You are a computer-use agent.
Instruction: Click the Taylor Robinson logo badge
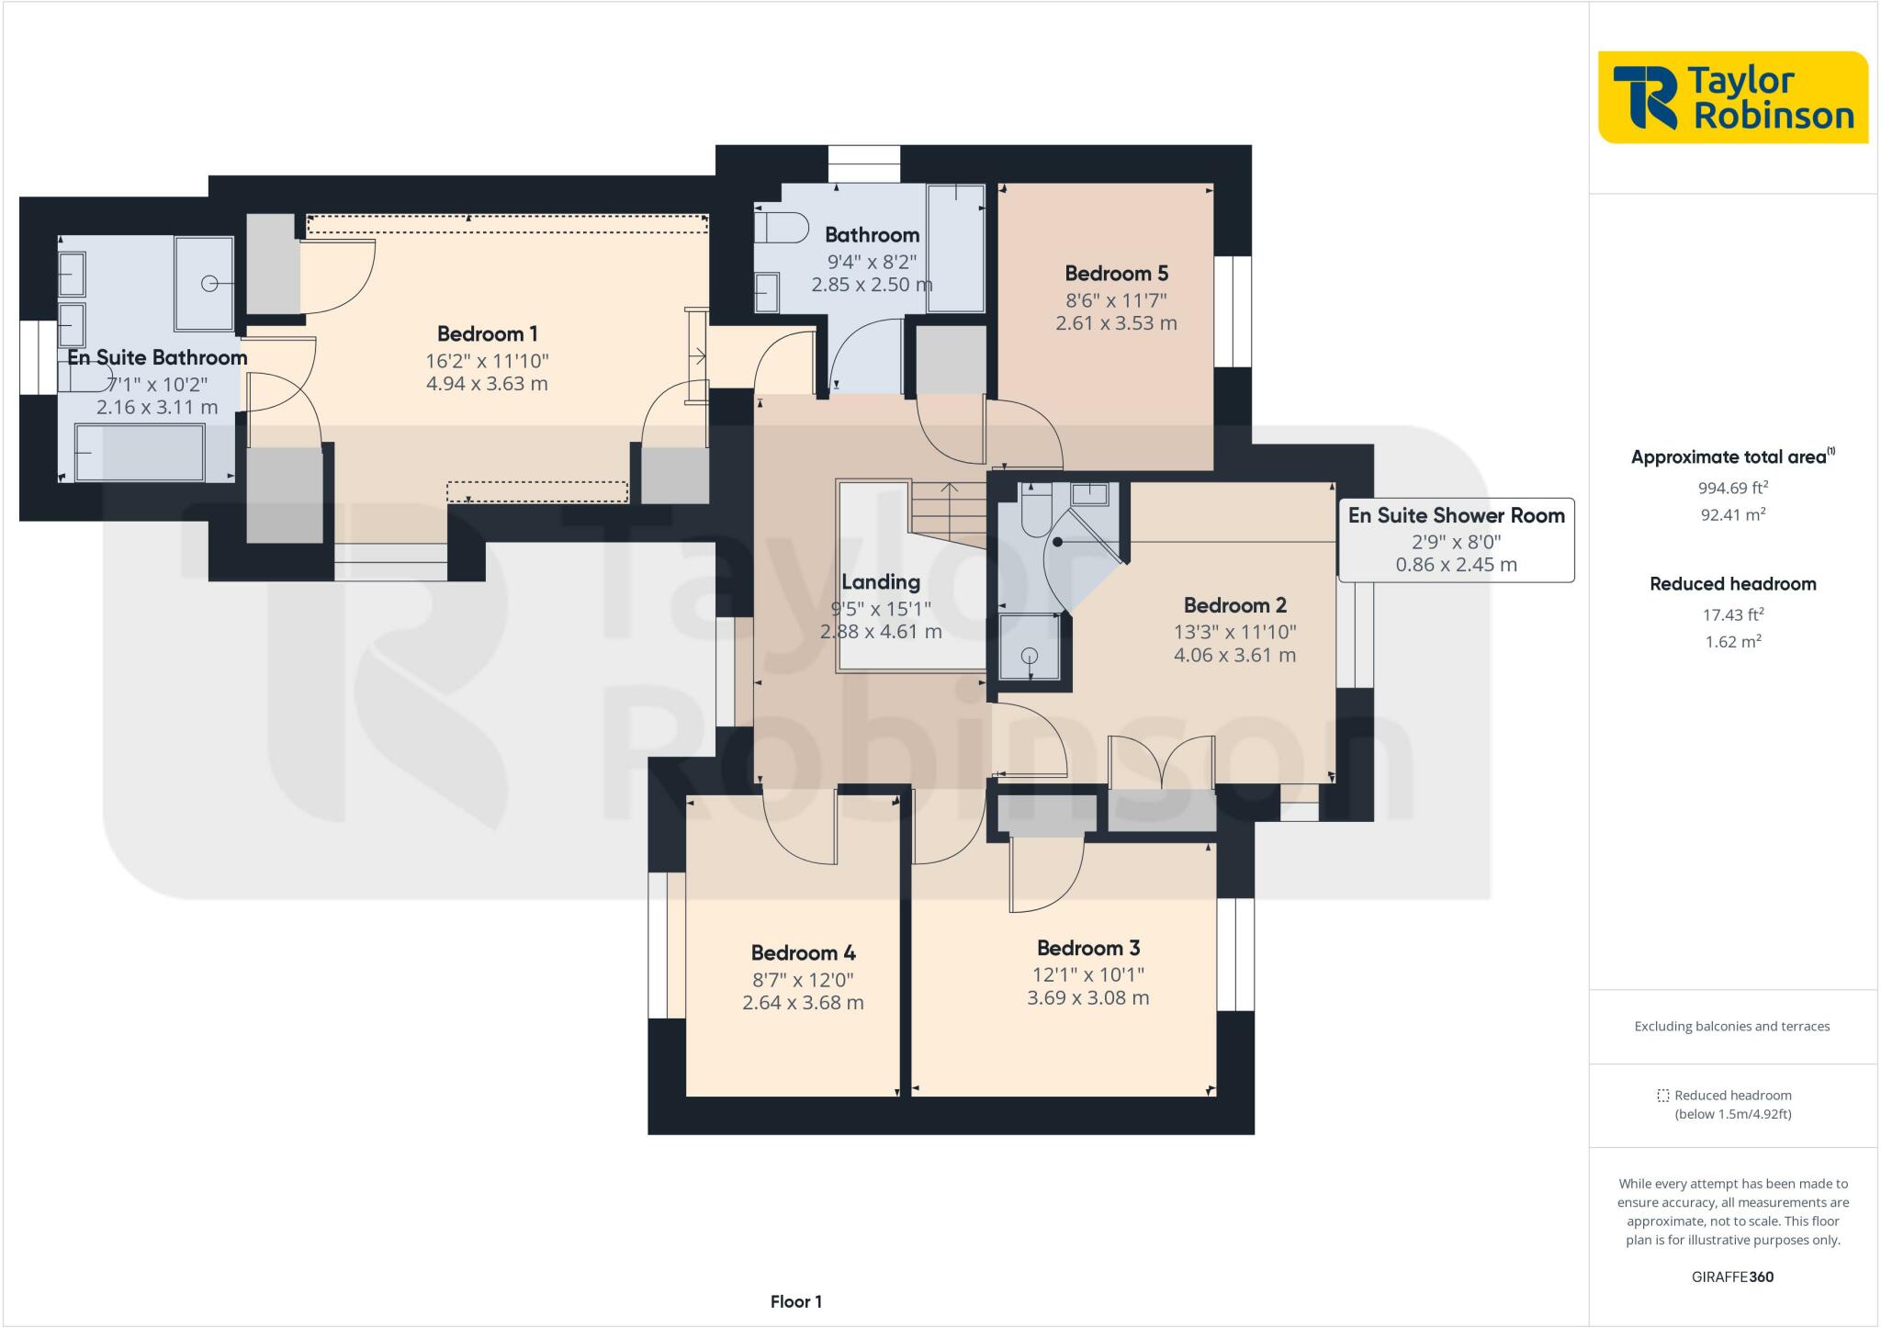(x=1733, y=97)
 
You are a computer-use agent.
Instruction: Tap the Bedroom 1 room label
(x=487, y=333)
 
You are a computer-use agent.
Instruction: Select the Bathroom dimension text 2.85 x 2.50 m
(x=872, y=285)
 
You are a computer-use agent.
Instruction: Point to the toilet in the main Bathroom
(x=781, y=227)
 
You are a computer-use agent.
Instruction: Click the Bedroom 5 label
(x=1116, y=273)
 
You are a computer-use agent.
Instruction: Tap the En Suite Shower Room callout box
(x=1456, y=540)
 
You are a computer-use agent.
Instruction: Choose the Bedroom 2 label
(x=1234, y=605)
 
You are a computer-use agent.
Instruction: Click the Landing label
(x=881, y=581)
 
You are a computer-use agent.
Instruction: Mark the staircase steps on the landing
(x=949, y=514)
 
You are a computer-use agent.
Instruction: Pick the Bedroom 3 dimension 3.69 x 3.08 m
(x=1088, y=997)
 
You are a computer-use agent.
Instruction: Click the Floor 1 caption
(x=795, y=1301)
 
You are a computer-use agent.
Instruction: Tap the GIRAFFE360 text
(x=1732, y=1277)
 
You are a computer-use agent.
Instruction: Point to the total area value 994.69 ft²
(x=1733, y=488)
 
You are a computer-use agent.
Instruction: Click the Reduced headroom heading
(x=1733, y=584)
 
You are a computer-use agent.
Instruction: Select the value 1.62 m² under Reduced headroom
(x=1733, y=641)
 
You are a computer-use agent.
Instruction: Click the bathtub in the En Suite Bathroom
(x=139, y=452)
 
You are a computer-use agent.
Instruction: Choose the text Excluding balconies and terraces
(x=1732, y=1027)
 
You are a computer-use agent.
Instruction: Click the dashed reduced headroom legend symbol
(x=1662, y=1096)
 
